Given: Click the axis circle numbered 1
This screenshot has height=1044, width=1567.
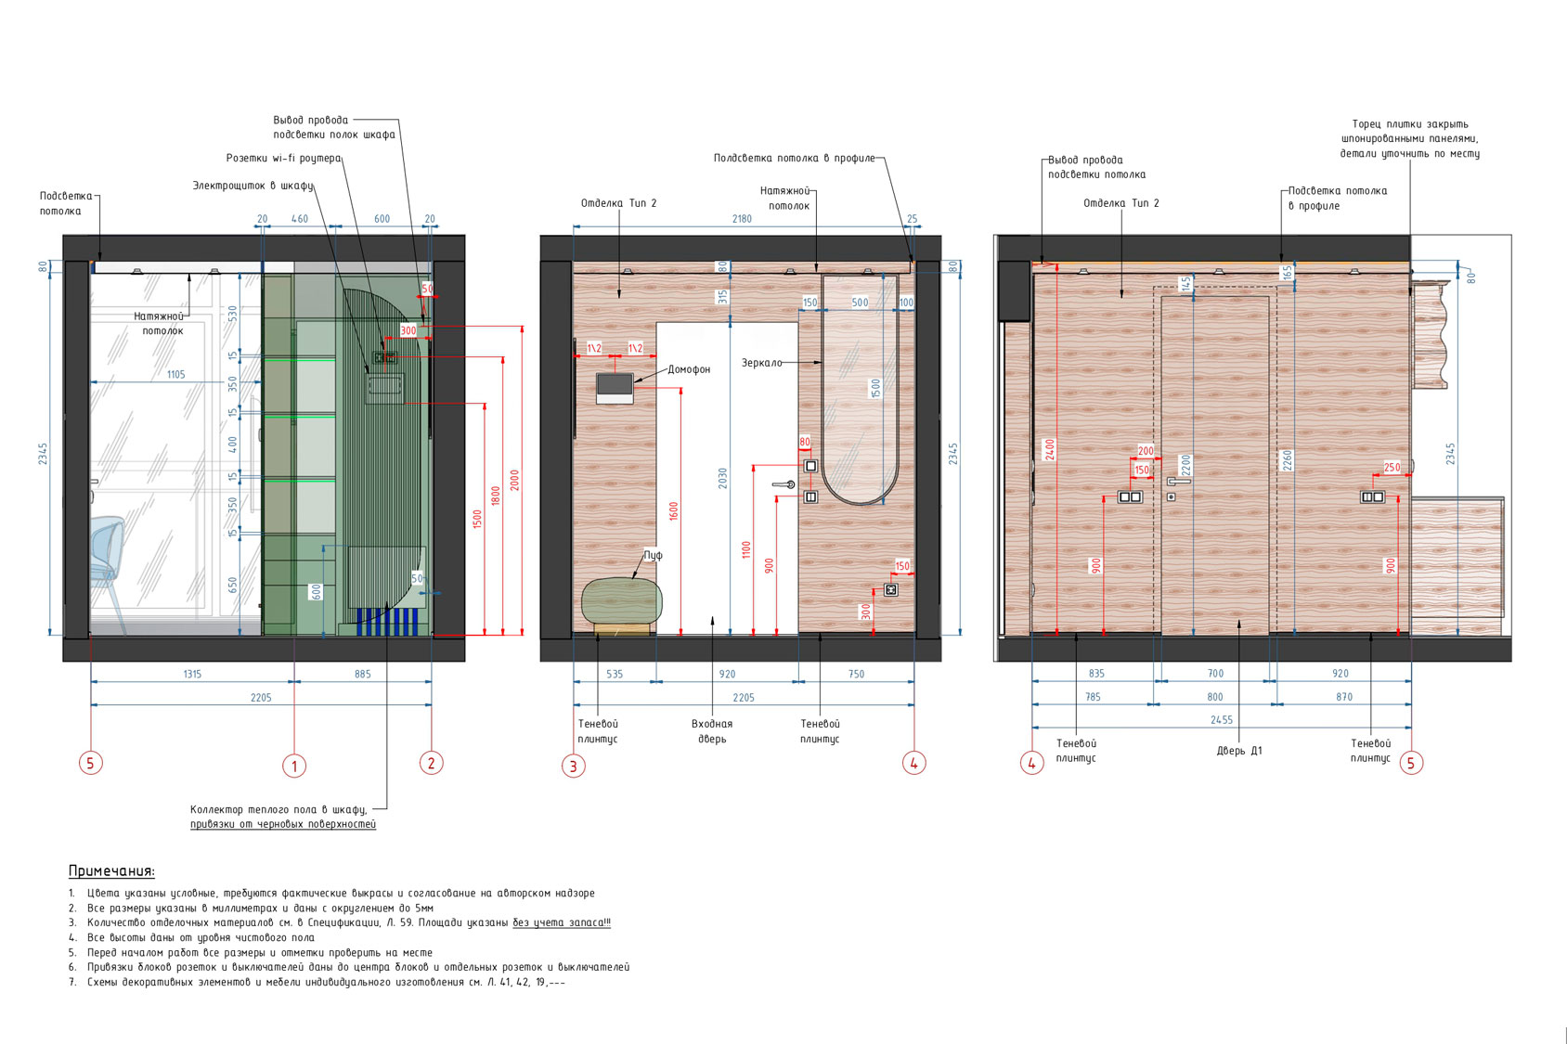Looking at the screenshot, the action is pos(293,766).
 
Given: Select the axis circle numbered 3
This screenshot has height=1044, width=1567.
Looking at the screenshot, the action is pos(573,766).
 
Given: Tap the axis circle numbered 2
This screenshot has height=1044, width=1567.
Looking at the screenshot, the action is pos(431,763).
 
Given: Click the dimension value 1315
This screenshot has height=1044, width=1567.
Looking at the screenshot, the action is pos(192,674).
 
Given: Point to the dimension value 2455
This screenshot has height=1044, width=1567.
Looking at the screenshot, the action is pos(1222,719).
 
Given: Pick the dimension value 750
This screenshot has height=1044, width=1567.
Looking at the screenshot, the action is pos(856,674).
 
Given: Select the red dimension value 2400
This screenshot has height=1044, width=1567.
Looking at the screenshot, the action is pos(1049,448).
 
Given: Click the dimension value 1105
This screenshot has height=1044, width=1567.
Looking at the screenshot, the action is pos(175,375).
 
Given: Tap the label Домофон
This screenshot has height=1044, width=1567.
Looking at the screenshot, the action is pos(689,369).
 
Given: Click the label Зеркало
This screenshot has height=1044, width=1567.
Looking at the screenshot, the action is pos(762,363).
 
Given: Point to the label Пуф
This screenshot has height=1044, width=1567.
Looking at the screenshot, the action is pos(653,555).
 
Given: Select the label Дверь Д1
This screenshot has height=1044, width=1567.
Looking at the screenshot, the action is pos(1239,751).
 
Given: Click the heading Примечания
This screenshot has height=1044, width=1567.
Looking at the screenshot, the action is pos(112,871).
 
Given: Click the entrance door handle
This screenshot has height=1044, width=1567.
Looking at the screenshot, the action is pos(783,484).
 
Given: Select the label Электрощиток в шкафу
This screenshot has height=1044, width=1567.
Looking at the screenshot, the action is pos(253,186).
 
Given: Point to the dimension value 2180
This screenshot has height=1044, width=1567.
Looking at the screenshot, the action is pos(743,219).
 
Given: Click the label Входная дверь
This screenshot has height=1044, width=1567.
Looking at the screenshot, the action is pos(712,731).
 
